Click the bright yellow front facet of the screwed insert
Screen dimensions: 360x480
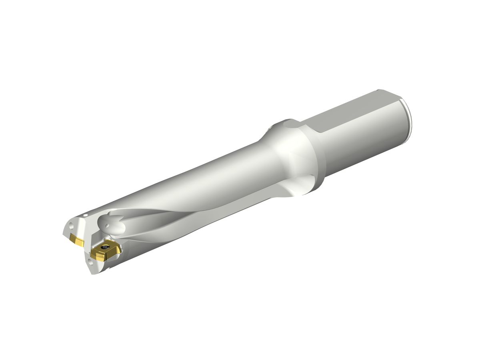pos(98,255)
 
